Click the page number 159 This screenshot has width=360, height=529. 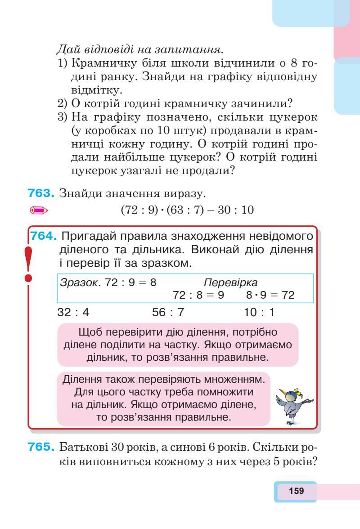(x=296, y=491)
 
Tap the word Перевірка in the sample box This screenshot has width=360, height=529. (x=231, y=283)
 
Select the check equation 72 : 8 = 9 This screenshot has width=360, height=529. (x=198, y=295)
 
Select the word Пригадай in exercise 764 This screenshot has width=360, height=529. (x=83, y=236)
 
